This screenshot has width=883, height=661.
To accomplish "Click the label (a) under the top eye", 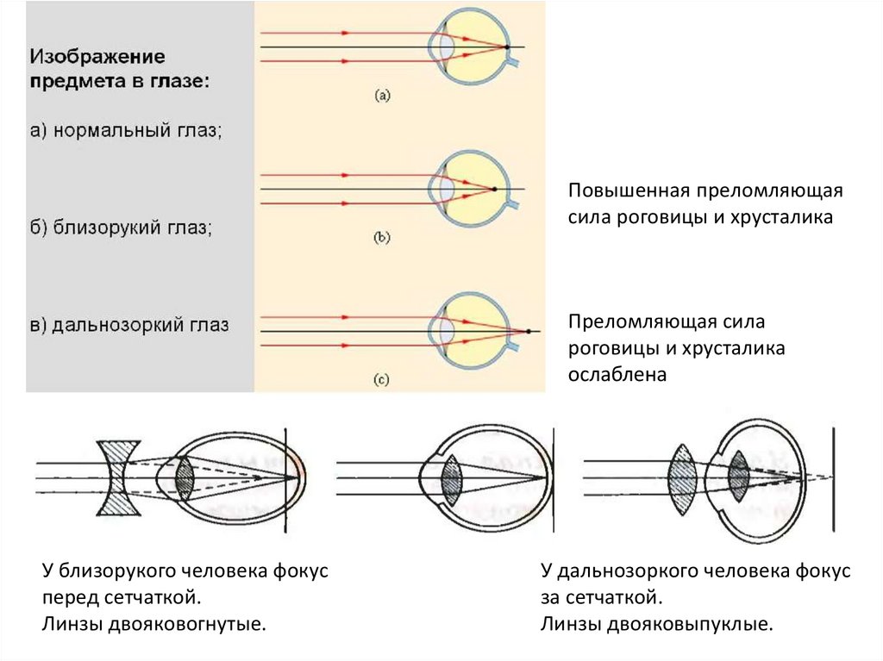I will pyautogui.click(x=383, y=97).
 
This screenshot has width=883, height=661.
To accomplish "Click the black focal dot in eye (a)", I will pyautogui.click(x=508, y=46).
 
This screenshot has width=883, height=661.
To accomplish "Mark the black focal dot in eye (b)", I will pyautogui.click(x=495, y=189).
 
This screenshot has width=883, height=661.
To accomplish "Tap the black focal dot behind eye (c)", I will pyautogui.click(x=528, y=332).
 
